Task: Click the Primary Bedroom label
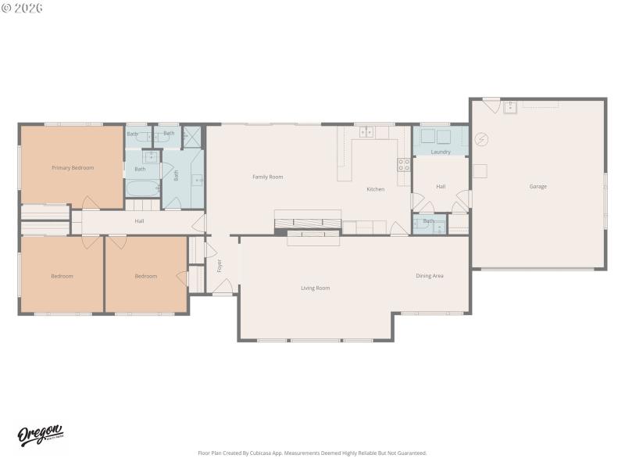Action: [73, 168]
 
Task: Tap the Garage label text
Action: [537, 187]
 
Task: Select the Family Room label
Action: [267, 177]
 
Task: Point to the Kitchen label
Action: [375, 189]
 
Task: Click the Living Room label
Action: [315, 288]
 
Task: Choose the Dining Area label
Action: [429, 276]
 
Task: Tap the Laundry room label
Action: [441, 152]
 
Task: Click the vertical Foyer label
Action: [220, 266]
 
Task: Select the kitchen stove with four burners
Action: [404, 164]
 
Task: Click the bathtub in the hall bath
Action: [142, 188]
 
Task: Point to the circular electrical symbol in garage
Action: [482, 139]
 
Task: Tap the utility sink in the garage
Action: [511, 106]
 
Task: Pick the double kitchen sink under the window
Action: [366, 133]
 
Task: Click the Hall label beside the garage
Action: [441, 187]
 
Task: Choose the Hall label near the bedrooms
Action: [139, 221]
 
